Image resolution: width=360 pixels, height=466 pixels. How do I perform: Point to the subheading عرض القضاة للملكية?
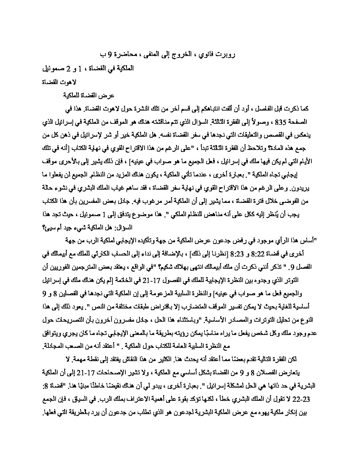[x=89, y=96]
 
